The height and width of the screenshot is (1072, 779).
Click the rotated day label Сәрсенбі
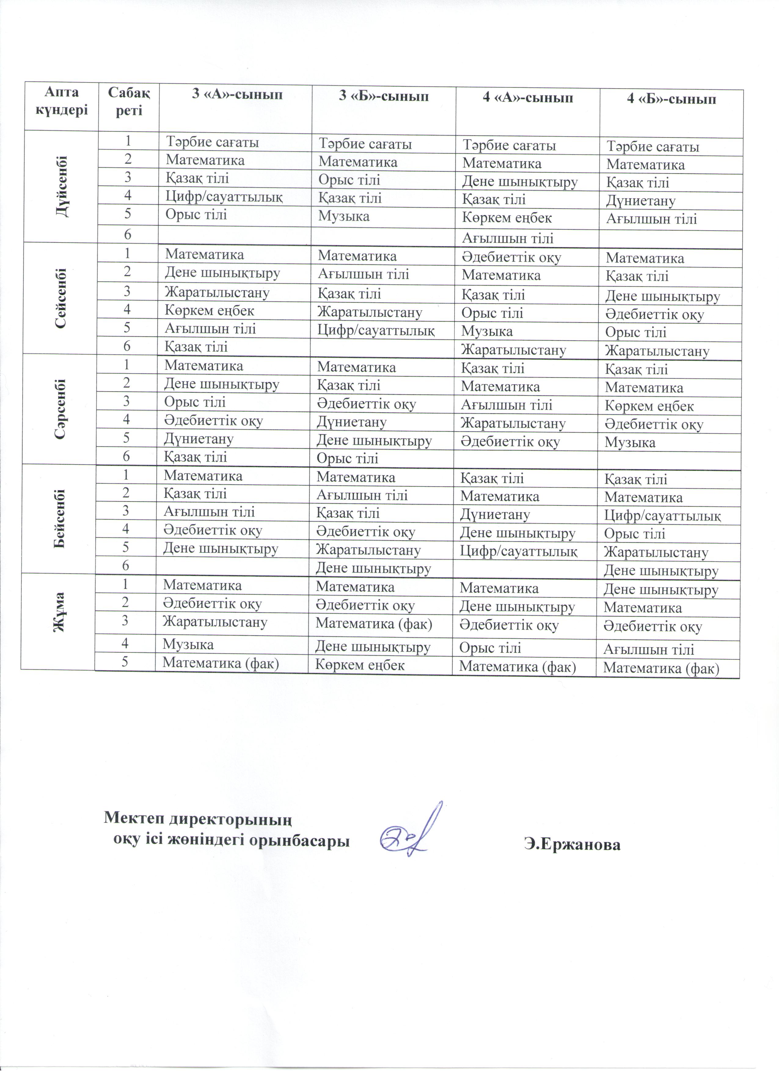point(60,409)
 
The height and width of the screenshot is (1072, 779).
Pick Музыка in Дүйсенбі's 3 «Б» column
point(344,217)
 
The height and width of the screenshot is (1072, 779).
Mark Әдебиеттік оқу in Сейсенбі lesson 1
point(511,257)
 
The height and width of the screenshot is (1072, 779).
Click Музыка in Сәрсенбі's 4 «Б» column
point(630,443)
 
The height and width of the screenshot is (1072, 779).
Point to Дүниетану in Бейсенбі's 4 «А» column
point(496,514)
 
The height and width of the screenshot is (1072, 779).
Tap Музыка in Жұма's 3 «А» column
point(188,644)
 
